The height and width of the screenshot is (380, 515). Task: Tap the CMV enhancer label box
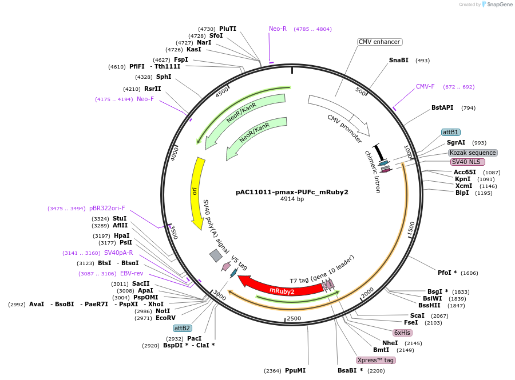[379, 42]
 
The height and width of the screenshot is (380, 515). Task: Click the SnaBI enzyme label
[398, 60]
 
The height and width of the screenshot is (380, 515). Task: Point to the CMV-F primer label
[425, 86]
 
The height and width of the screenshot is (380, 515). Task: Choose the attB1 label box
[451, 132]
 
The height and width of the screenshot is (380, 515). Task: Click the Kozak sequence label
[473, 153]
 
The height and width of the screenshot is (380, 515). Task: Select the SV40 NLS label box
[466, 162]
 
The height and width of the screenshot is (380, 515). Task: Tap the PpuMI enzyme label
[295, 370]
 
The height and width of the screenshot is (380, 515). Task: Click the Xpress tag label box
[376, 361]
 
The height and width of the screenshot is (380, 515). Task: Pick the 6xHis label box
[402, 333]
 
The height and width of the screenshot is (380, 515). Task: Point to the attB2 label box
[183, 328]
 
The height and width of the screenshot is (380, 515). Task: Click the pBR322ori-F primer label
[107, 208]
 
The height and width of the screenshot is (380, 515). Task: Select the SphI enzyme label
[164, 77]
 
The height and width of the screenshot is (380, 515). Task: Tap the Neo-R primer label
[278, 29]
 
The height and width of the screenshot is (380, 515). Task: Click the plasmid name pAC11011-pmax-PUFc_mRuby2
[292, 192]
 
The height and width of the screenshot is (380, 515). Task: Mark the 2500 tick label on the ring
[294, 318]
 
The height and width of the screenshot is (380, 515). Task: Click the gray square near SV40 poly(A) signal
[216, 256]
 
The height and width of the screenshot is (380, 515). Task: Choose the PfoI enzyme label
[445, 273]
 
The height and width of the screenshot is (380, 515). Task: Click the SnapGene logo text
[499, 4]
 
